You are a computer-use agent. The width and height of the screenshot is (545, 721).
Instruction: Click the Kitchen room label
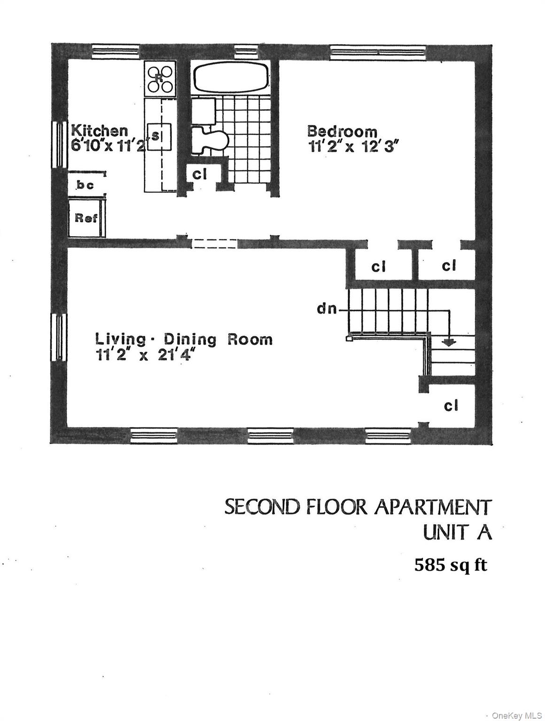pos(99,130)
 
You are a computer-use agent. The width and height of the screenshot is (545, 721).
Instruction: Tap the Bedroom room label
pos(342,131)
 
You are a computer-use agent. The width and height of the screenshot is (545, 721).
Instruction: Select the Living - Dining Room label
pos(184,339)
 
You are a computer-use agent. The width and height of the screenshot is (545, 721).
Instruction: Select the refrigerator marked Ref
pos(86,218)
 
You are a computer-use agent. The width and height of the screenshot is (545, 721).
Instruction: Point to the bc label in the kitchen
pos(86,185)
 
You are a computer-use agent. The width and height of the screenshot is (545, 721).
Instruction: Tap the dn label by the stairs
pos(327,310)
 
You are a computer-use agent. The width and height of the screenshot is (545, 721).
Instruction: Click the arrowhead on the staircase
pos(450,342)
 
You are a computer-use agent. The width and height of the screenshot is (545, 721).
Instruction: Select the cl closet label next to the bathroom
pos(200,174)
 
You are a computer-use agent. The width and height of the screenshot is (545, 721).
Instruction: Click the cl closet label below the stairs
pos(451,406)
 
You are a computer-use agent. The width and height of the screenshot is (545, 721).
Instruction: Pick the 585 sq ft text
pos(451,565)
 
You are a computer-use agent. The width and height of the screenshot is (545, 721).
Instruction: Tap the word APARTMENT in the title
pos(433,507)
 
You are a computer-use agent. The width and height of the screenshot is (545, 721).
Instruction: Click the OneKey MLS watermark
pos(516,715)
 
